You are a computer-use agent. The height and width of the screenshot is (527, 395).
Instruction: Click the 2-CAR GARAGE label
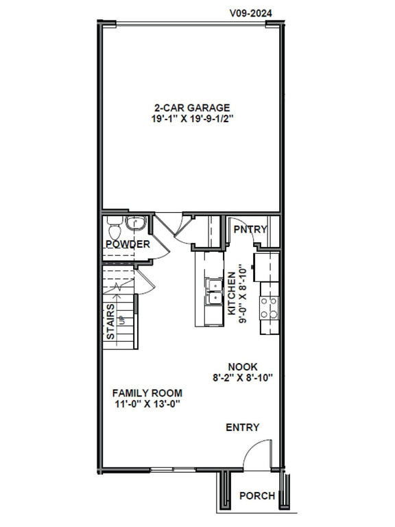coord(191,107)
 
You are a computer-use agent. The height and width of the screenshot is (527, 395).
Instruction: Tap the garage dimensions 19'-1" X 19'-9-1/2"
coord(191,118)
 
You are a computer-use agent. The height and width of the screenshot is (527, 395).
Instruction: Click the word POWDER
coord(128,244)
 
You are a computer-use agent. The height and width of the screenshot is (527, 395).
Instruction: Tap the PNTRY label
coord(249,229)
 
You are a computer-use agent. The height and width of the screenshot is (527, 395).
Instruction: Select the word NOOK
coord(243,367)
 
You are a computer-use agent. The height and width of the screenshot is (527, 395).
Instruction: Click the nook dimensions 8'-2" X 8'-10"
coord(243,378)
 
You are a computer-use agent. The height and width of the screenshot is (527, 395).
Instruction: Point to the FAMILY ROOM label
coord(147,393)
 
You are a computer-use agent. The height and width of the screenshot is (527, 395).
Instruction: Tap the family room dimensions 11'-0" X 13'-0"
coord(147,403)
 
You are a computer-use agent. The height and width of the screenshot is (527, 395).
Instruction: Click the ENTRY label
coord(243,428)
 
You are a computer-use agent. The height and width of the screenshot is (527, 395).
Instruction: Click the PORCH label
coord(257,496)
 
